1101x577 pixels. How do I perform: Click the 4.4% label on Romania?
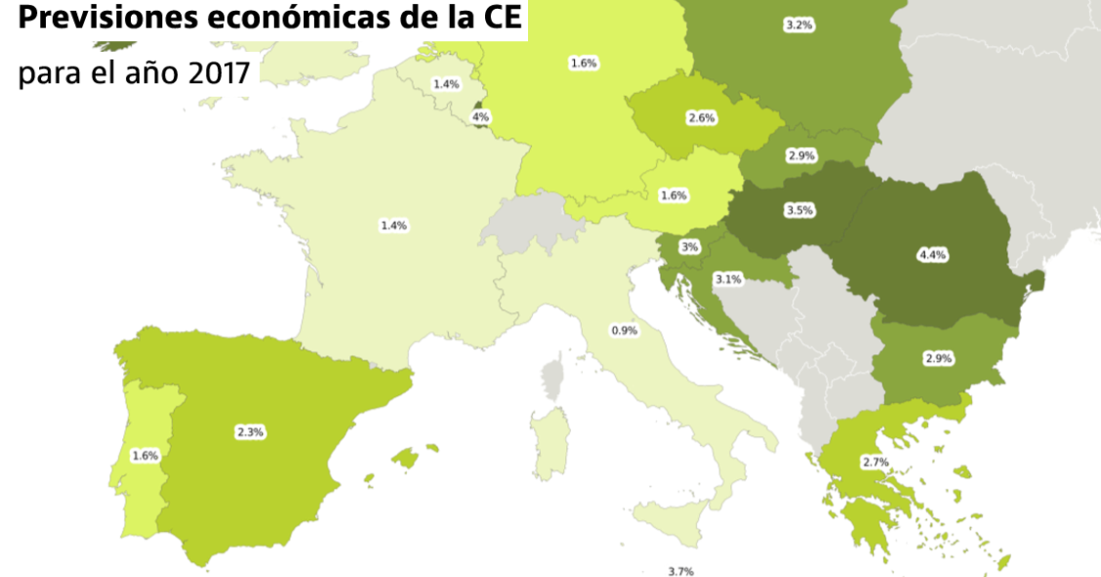932,255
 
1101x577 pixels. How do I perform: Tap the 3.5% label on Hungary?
799,210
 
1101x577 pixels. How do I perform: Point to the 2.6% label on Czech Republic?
702,118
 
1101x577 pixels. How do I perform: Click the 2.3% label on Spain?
250,432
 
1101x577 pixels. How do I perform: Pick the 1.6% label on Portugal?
144,455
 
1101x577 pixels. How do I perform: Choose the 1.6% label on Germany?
584,62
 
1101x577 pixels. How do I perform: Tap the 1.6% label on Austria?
673,195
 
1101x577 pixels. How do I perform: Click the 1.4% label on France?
393,225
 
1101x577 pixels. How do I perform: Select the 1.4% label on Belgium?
446,84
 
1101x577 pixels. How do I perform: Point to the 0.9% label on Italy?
624,330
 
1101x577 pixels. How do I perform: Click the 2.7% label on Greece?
875,461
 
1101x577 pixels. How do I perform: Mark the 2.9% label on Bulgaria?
938,358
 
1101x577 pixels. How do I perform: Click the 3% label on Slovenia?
689,247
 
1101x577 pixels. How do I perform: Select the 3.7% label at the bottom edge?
680,571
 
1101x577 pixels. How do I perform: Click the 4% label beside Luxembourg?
480,117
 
